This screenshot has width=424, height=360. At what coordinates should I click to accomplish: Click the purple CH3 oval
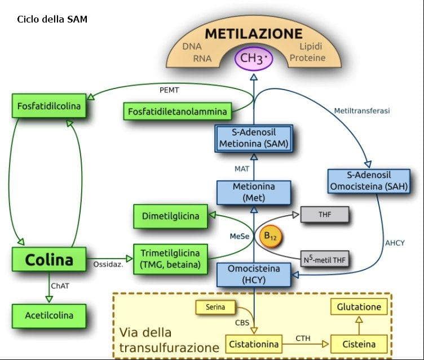coord(253,59)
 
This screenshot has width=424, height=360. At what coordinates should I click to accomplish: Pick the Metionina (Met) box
coord(254,192)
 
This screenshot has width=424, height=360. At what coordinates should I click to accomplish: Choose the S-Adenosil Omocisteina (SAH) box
coord(369,180)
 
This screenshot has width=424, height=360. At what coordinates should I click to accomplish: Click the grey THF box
coord(325,214)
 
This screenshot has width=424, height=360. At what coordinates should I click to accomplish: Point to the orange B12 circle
coord(271,237)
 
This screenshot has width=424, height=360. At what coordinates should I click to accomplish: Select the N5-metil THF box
coord(324,259)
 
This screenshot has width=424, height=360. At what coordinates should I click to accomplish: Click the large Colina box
coord(49,260)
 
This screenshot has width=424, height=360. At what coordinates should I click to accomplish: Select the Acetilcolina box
coord(49,315)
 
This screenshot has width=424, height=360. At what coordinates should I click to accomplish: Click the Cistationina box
coord(254,343)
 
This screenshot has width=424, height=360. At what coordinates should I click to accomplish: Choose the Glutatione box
coord(359,307)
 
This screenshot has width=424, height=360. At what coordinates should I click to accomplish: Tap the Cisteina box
coord(359,343)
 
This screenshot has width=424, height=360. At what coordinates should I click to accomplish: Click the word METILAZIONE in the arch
coord(253,33)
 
